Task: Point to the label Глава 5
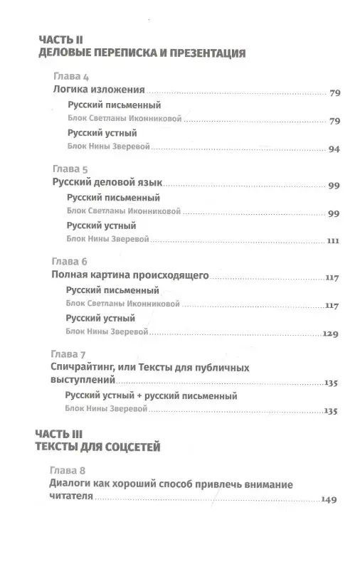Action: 70,171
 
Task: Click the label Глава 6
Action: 70,261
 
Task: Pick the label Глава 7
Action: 70,354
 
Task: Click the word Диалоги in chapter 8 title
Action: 75,484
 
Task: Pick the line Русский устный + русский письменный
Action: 151,395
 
